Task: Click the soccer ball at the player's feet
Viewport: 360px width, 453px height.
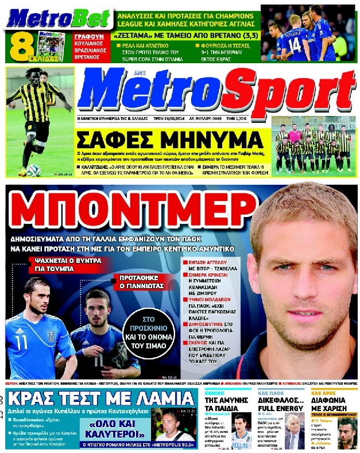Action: (32, 170)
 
